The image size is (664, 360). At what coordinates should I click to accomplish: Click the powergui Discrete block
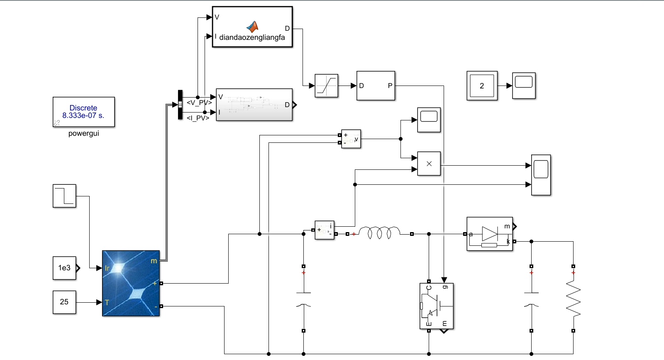coord(83,112)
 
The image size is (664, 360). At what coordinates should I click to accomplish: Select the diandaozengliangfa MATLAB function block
coord(252,27)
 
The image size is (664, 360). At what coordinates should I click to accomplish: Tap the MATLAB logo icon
coord(252,27)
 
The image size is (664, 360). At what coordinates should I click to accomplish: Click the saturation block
coord(326,86)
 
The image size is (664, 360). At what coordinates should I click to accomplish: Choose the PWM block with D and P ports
coord(376,86)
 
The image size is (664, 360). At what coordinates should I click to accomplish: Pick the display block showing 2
coord(482,86)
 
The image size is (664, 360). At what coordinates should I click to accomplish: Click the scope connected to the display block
coord(524,86)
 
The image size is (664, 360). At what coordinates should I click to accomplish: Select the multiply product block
coord(429,164)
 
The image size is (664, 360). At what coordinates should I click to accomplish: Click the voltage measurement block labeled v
coord(351,139)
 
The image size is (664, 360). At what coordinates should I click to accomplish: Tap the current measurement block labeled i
coord(325,230)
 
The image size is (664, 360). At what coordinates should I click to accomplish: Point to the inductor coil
coord(379,233)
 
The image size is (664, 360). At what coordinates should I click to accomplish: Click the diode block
coord(490,234)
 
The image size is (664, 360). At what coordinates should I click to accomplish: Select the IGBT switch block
coord(436,306)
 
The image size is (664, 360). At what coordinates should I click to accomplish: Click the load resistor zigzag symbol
coord(573,298)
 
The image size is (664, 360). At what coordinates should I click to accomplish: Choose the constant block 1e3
coord(64,268)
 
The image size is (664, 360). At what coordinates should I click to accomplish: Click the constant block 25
coord(64,302)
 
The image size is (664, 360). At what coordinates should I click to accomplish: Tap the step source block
coord(64,196)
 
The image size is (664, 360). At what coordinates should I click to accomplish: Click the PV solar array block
coord(131,283)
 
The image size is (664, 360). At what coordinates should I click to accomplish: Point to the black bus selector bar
coord(180,105)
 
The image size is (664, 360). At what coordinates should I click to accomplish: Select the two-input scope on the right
coord(541,175)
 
